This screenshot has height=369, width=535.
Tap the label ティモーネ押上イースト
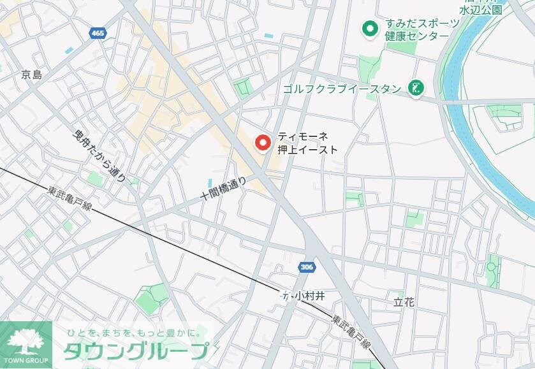click(307, 143)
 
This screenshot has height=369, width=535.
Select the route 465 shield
click(98, 33)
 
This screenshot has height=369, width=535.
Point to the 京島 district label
click(31, 75)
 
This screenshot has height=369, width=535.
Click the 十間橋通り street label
click(223, 187)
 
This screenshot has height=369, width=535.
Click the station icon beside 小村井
click(284, 296)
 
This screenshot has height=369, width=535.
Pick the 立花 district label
click(404, 301)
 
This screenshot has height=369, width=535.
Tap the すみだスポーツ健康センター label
click(421, 30)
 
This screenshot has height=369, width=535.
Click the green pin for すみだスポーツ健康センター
click(369, 29)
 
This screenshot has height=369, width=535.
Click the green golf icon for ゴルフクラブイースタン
click(416, 89)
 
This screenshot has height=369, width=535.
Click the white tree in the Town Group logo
click(26, 338)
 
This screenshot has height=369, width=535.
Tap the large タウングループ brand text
click(135, 351)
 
